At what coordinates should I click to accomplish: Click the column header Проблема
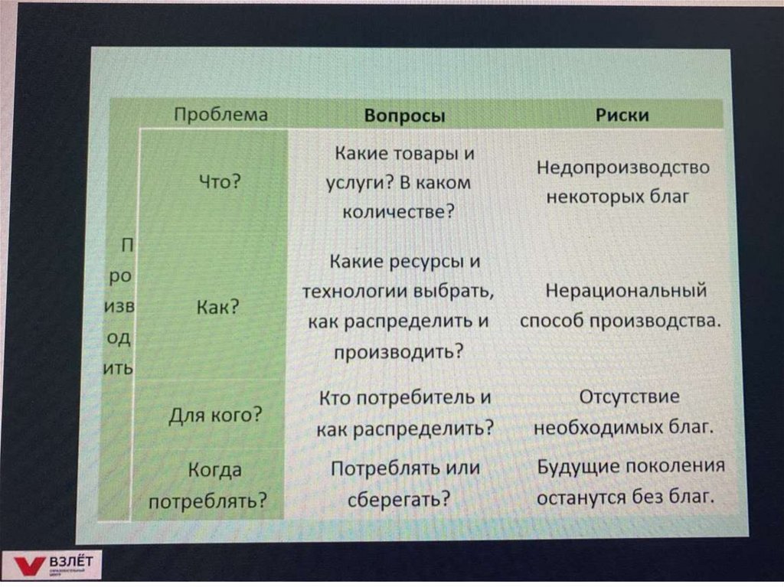220,115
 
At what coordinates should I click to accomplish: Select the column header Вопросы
404,116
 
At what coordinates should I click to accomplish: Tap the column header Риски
622,115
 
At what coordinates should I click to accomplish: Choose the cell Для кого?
215,416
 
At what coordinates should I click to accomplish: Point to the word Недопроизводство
622,168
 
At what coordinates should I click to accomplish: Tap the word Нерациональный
625,292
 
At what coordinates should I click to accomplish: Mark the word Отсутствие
629,397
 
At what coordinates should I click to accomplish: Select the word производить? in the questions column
399,351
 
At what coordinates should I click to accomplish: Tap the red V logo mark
29,567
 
